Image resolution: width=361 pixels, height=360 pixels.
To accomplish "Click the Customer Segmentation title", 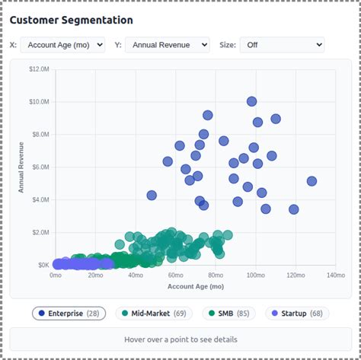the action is (x=72, y=20).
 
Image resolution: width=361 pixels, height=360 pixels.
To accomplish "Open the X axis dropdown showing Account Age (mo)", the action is (x=62, y=45).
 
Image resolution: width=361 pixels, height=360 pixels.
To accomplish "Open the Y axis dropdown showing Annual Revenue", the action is (x=168, y=45).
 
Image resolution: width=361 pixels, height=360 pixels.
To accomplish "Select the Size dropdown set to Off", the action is (x=282, y=45).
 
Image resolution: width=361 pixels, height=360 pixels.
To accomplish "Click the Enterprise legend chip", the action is (x=69, y=314).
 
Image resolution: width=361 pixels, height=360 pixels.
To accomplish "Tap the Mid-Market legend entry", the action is (x=154, y=314).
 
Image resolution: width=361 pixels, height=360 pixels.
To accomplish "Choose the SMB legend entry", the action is (x=228, y=314).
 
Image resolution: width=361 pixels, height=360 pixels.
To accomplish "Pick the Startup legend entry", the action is (x=297, y=314).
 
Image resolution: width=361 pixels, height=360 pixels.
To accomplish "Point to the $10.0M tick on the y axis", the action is (x=39, y=102).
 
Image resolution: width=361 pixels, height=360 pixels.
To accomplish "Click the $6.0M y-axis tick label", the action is (x=40, y=167).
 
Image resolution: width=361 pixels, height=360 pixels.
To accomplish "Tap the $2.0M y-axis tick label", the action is (x=40, y=232).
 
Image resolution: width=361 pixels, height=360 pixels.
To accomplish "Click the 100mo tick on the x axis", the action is (x=256, y=276).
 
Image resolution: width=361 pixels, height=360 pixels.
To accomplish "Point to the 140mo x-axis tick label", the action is (x=336, y=276).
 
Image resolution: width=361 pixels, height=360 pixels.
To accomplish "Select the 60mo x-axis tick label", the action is (x=175, y=276).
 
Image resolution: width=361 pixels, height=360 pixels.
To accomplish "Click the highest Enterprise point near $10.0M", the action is (x=251, y=101).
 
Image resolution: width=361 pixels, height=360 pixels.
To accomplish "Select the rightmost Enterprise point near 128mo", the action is (x=311, y=181).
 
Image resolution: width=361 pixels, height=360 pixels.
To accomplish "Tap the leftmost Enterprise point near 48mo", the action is (x=152, y=196).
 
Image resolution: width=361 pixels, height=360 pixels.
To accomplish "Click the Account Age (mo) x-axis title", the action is (x=196, y=286).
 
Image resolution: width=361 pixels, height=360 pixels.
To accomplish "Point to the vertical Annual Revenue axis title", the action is (x=21, y=167).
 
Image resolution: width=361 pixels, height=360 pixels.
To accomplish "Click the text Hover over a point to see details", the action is (x=180, y=339).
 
